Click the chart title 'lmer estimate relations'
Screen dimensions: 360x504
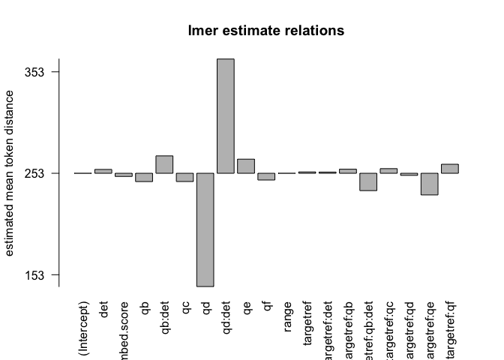coord(265,31)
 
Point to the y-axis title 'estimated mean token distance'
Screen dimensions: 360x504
coord(10,172)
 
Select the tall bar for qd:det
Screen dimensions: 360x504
coord(225,116)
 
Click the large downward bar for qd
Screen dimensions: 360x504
coord(205,229)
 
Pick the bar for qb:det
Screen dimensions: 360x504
coord(164,164)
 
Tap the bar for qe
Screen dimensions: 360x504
coord(246,166)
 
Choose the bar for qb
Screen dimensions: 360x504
coord(144,178)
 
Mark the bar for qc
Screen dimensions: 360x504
coord(184,178)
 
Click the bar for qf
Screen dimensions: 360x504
coord(266,177)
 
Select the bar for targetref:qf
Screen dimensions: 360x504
coord(449,169)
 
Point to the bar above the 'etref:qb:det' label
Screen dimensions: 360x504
coord(368,181)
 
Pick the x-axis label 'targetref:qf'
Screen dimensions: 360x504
coord(450,331)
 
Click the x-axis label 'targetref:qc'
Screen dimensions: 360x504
coord(388,331)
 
